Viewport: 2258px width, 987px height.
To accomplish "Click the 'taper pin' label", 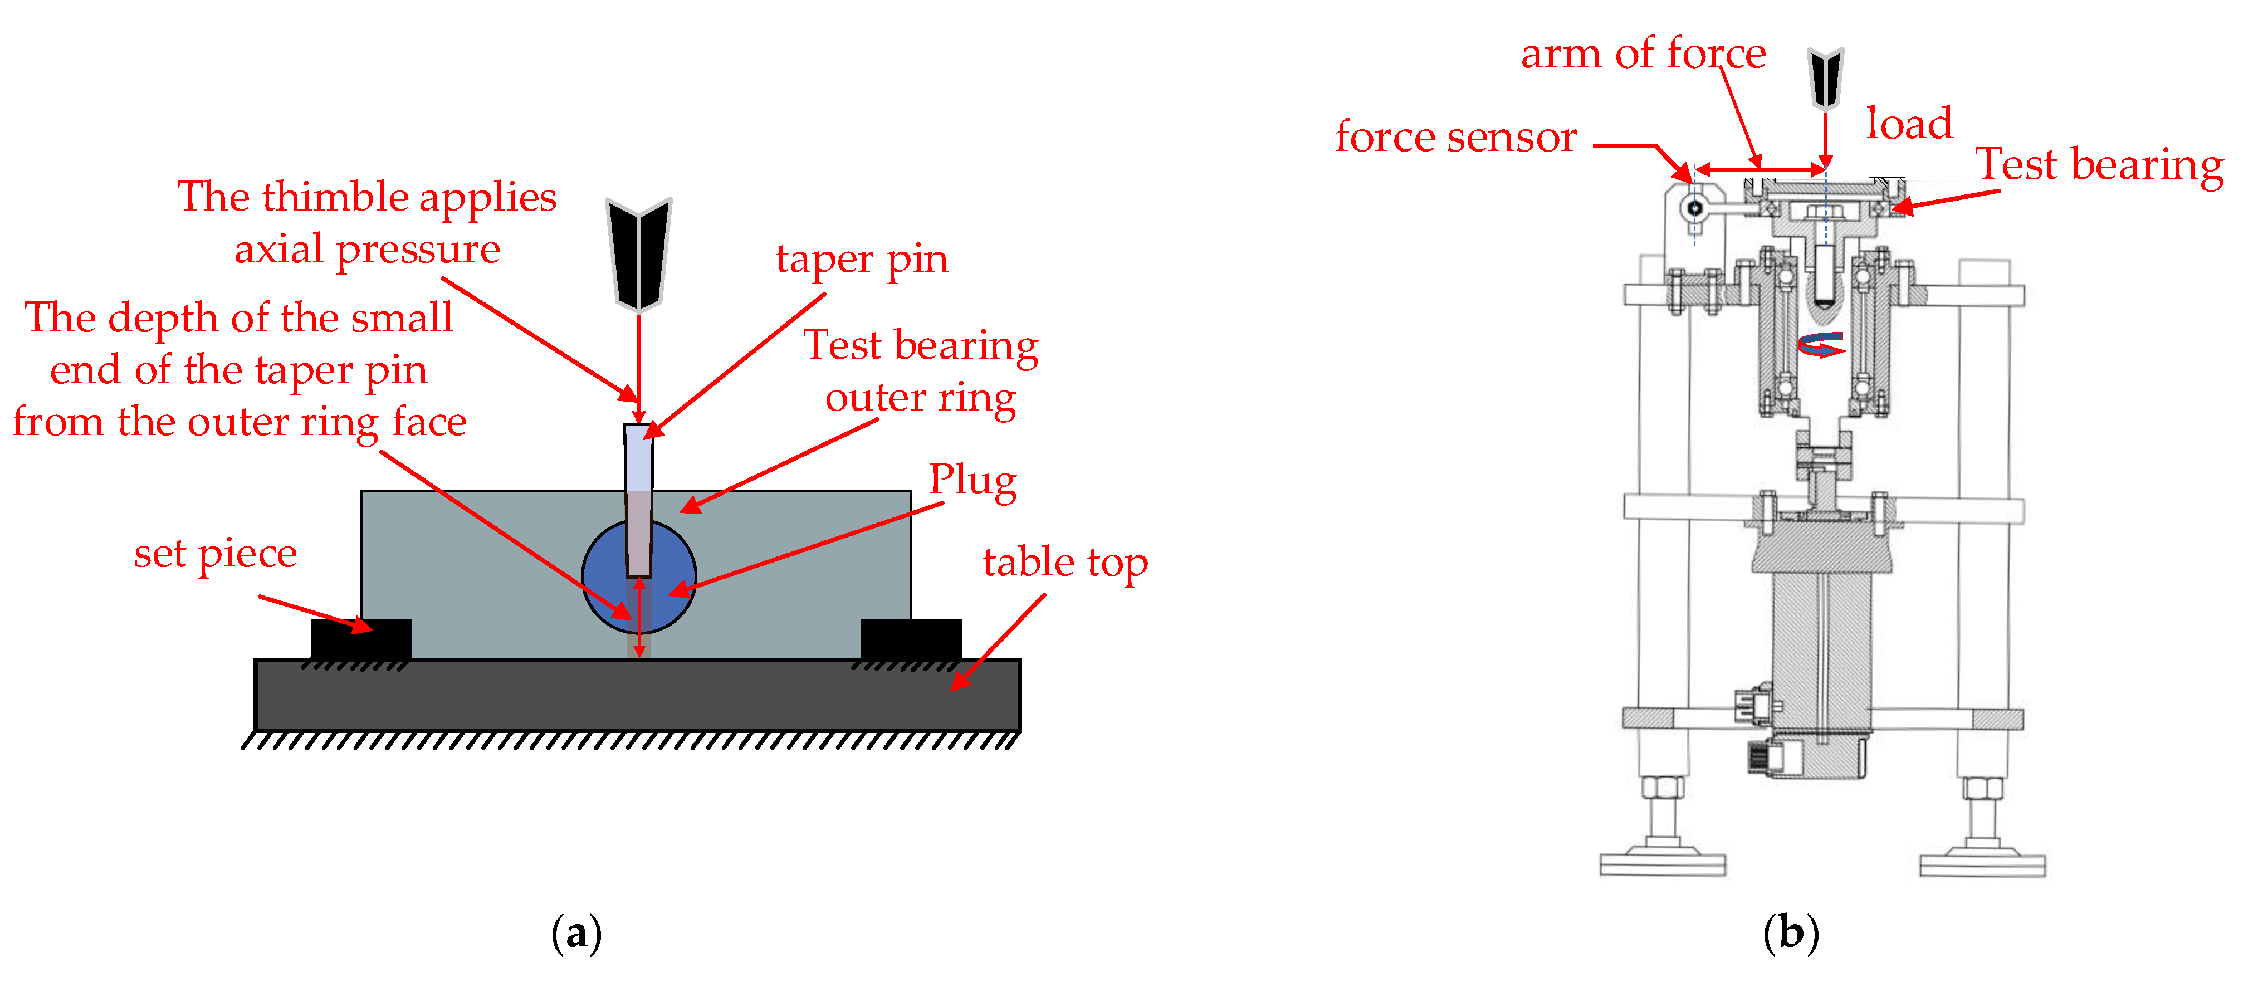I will tap(862, 260).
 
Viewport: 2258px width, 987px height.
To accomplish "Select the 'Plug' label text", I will tap(972, 480).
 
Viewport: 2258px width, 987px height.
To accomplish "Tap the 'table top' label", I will tap(1065, 563).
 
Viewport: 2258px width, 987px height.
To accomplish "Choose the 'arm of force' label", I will tap(1643, 55).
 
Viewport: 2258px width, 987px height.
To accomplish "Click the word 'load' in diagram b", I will tap(1909, 124).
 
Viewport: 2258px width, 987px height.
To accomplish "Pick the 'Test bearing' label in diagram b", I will tap(2099, 165).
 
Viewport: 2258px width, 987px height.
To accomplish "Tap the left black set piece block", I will tap(360, 639).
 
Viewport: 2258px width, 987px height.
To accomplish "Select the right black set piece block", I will tap(911, 639).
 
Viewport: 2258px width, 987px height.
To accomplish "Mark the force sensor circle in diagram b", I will tap(1694, 208).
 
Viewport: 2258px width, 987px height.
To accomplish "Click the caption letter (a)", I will tap(576, 934).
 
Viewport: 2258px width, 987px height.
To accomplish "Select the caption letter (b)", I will tap(1790, 934).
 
